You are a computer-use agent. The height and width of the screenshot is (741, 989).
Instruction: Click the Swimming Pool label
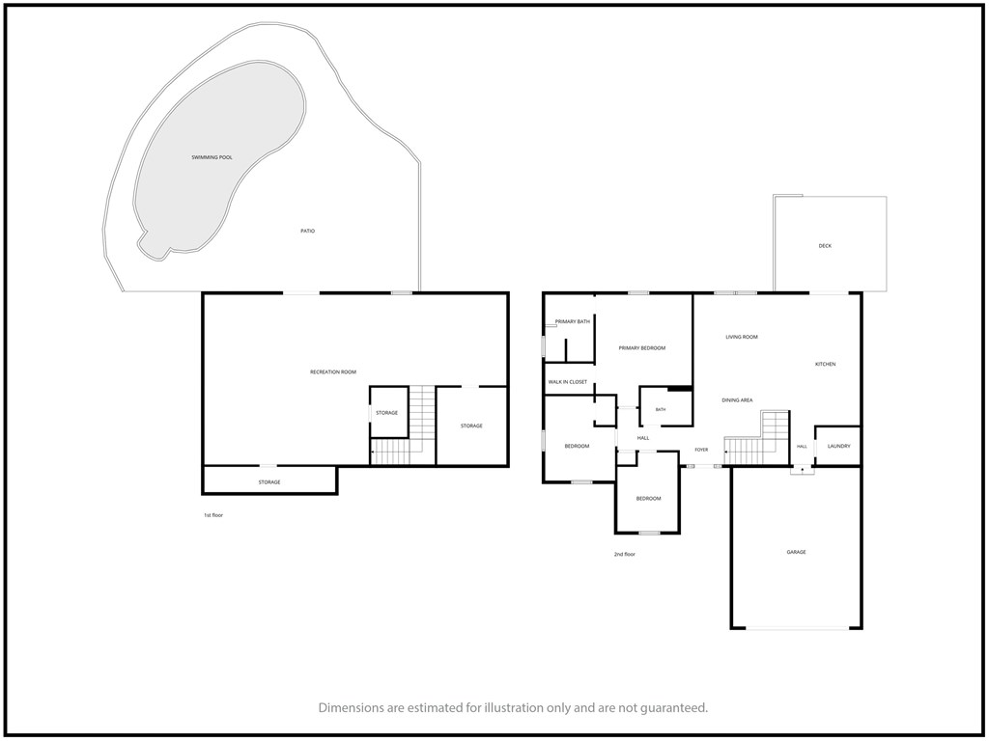coord(212,157)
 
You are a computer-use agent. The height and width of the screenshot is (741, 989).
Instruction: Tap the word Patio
coord(308,232)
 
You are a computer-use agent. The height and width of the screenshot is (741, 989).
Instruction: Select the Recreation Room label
coord(333,372)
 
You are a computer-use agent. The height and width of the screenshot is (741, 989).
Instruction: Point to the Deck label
coord(825,246)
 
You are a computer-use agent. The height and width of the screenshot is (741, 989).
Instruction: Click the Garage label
coord(796,552)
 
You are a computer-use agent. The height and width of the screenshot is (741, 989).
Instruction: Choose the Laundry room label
coord(839,446)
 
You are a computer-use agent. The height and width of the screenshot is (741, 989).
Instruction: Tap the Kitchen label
coord(825,364)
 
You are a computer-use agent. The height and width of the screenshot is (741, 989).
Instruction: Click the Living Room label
coord(742,337)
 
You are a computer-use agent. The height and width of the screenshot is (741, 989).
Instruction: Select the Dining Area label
coord(737,400)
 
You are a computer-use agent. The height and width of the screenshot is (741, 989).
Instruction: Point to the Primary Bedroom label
coord(642,348)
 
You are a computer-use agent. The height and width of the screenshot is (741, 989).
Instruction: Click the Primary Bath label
coord(573,322)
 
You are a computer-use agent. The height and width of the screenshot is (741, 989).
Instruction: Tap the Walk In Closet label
coord(568,382)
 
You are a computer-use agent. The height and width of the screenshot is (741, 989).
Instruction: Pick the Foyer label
coord(701,450)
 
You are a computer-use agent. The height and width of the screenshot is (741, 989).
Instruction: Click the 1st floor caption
coord(213,515)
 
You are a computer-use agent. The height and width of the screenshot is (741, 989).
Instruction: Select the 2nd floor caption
coord(625,555)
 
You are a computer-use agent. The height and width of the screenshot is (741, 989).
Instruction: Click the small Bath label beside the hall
coord(661,410)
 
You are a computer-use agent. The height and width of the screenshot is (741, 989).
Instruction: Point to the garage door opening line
coord(797,628)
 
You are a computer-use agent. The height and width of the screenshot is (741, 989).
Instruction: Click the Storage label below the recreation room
coord(269,482)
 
